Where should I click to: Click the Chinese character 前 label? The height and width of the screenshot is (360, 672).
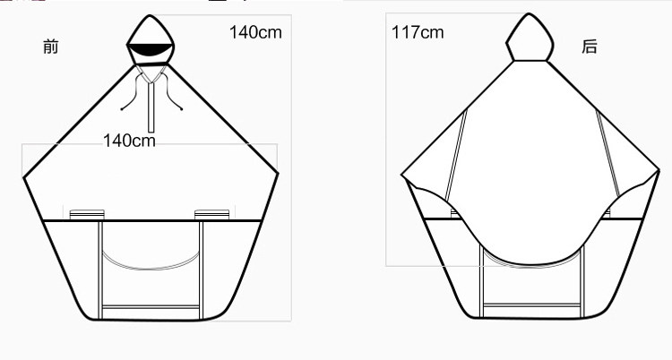point(50,47)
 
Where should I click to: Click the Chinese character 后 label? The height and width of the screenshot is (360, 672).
point(590,47)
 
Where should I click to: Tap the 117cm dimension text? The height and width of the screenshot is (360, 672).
point(418,32)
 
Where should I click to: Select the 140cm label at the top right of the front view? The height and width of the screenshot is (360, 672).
point(256,32)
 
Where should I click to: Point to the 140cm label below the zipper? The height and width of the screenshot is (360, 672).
point(129,141)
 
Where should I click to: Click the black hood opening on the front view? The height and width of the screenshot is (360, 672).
point(150,49)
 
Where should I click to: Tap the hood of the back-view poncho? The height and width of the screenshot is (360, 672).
point(530,38)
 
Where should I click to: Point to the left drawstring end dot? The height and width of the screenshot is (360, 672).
point(122,109)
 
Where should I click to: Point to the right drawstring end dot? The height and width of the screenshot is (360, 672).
point(181,109)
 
